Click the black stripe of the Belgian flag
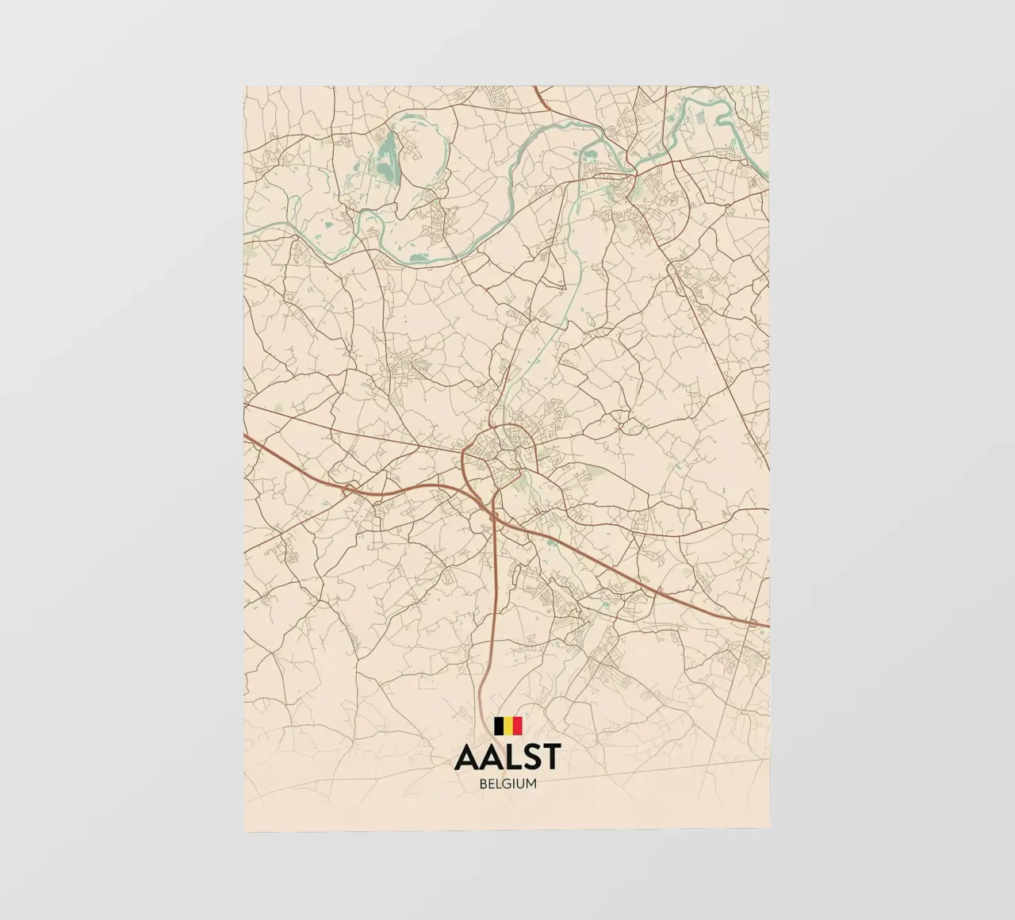[x=498, y=726]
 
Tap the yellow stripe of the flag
[x=507, y=726]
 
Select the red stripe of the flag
[x=517, y=726]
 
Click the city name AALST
[x=507, y=757]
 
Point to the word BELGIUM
[x=507, y=784]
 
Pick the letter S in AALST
[x=527, y=757]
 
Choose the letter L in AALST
[x=508, y=757]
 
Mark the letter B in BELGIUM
[x=482, y=784]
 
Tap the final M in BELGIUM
[x=531, y=784]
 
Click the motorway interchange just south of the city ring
[x=495, y=515]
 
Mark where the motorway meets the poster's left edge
[x=246, y=436]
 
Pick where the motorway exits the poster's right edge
[x=768, y=626]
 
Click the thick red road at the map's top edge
[x=537, y=89]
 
